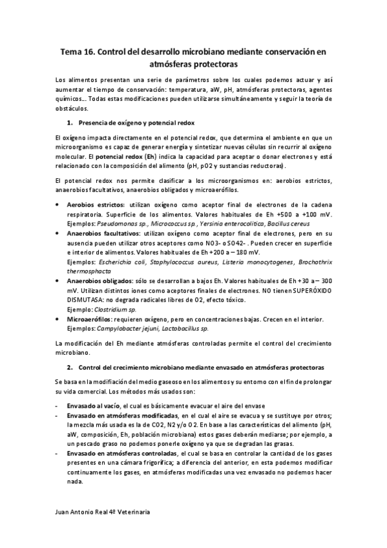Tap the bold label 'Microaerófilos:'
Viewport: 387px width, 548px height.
90,319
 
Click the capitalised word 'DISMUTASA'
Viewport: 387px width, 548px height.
89,300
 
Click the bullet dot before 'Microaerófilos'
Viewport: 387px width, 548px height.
59,319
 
